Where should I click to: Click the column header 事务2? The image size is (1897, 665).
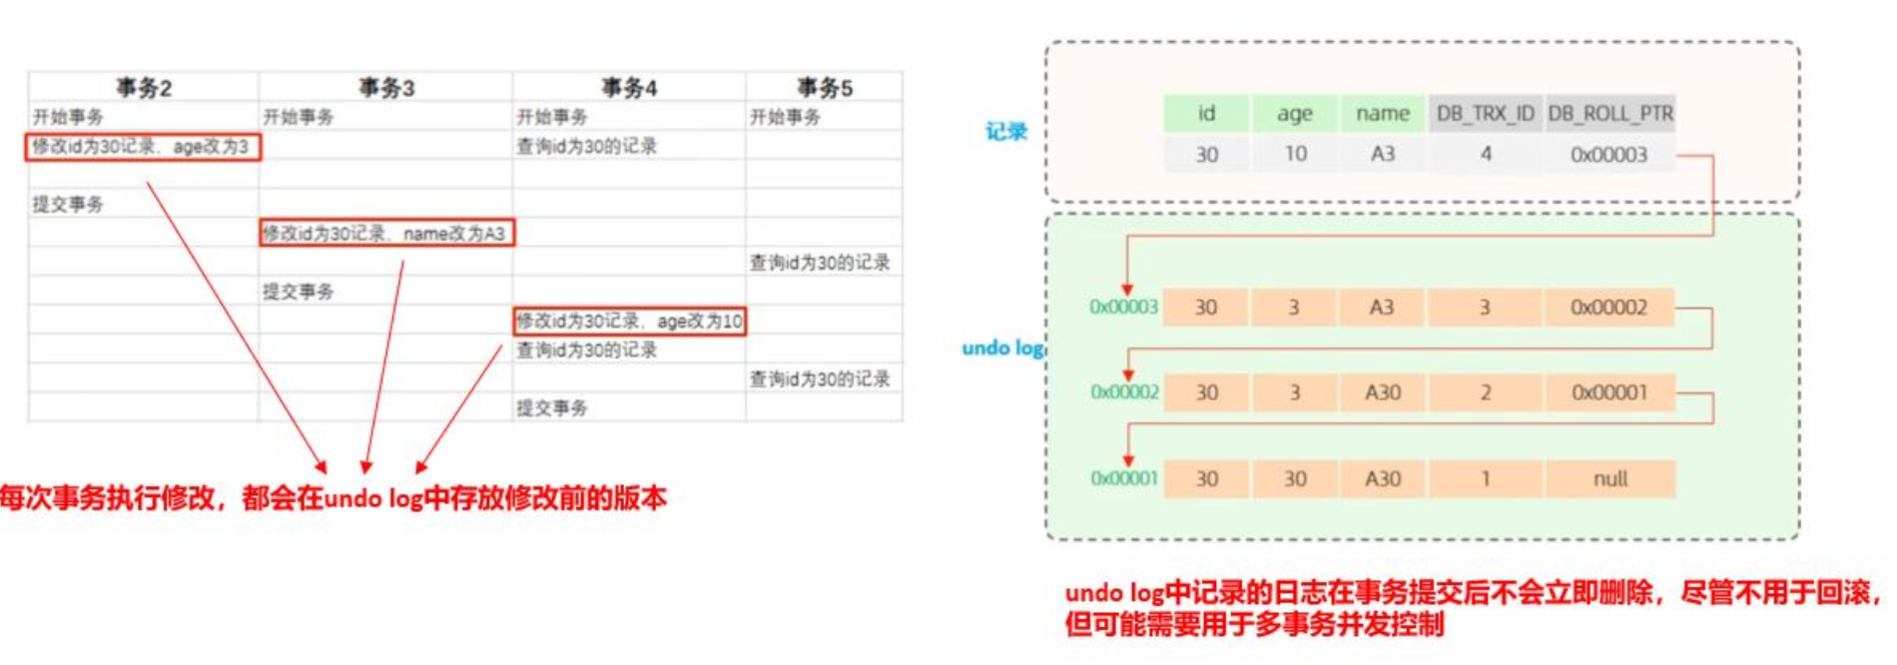click(144, 88)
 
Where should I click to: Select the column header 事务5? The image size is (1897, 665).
click(824, 88)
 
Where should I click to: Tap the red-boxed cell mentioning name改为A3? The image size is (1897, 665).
click(385, 234)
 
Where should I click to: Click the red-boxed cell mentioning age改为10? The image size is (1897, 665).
click(629, 322)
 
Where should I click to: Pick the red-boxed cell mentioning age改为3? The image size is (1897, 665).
click(142, 147)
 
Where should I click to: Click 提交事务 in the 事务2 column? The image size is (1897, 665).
click(68, 205)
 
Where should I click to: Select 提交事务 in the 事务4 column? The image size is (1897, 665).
click(552, 408)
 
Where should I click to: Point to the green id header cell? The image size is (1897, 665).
click(1206, 114)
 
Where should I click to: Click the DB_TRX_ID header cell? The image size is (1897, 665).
click(1485, 114)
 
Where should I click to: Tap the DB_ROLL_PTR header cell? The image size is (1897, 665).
click(1609, 114)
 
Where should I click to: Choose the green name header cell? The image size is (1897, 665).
click(1383, 114)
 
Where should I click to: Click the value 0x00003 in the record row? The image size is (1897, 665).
click(1608, 155)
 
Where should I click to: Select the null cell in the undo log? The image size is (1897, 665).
click(1609, 479)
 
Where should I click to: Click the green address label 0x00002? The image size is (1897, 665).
click(1124, 392)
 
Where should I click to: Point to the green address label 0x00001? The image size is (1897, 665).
click(1124, 479)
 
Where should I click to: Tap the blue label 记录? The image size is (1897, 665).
click(1005, 132)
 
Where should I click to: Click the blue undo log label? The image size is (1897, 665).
click(1002, 348)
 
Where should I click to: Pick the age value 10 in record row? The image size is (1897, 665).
click(1295, 155)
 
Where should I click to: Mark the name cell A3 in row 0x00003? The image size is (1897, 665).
click(1382, 308)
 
